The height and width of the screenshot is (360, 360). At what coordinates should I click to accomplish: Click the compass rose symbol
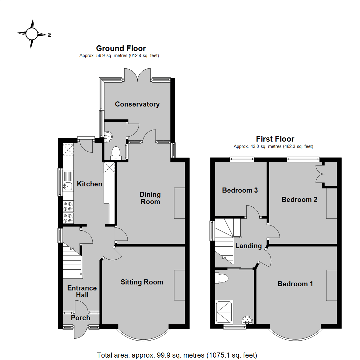pyautogui.click(x=32, y=34)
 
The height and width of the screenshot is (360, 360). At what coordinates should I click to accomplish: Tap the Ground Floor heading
pyautogui.click(x=121, y=49)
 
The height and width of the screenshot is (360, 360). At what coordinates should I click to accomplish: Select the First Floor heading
pyautogui.click(x=275, y=139)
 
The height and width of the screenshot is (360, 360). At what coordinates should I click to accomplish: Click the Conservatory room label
pyautogui.click(x=137, y=104)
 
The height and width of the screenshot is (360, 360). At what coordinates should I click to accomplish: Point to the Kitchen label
pyautogui.click(x=89, y=184)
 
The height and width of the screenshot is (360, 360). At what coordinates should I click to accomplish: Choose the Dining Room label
pyautogui.click(x=150, y=198)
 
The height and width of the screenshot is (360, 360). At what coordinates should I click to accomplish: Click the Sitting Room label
pyautogui.click(x=142, y=282)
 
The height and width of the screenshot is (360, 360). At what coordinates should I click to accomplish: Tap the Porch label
pyautogui.click(x=81, y=318)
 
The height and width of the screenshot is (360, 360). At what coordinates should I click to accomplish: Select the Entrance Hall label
pyautogui.click(x=82, y=292)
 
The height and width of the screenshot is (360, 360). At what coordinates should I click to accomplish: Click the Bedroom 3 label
pyautogui.click(x=240, y=191)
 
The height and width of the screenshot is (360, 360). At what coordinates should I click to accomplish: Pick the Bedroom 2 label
pyautogui.click(x=299, y=200)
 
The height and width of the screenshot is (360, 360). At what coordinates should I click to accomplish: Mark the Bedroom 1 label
pyautogui.click(x=295, y=284)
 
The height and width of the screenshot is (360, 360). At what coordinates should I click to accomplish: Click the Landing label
pyautogui.click(x=248, y=246)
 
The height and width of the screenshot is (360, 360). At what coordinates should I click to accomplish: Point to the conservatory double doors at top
pyautogui.click(x=137, y=75)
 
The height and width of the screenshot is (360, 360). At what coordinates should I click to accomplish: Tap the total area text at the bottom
pyautogui.click(x=177, y=355)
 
